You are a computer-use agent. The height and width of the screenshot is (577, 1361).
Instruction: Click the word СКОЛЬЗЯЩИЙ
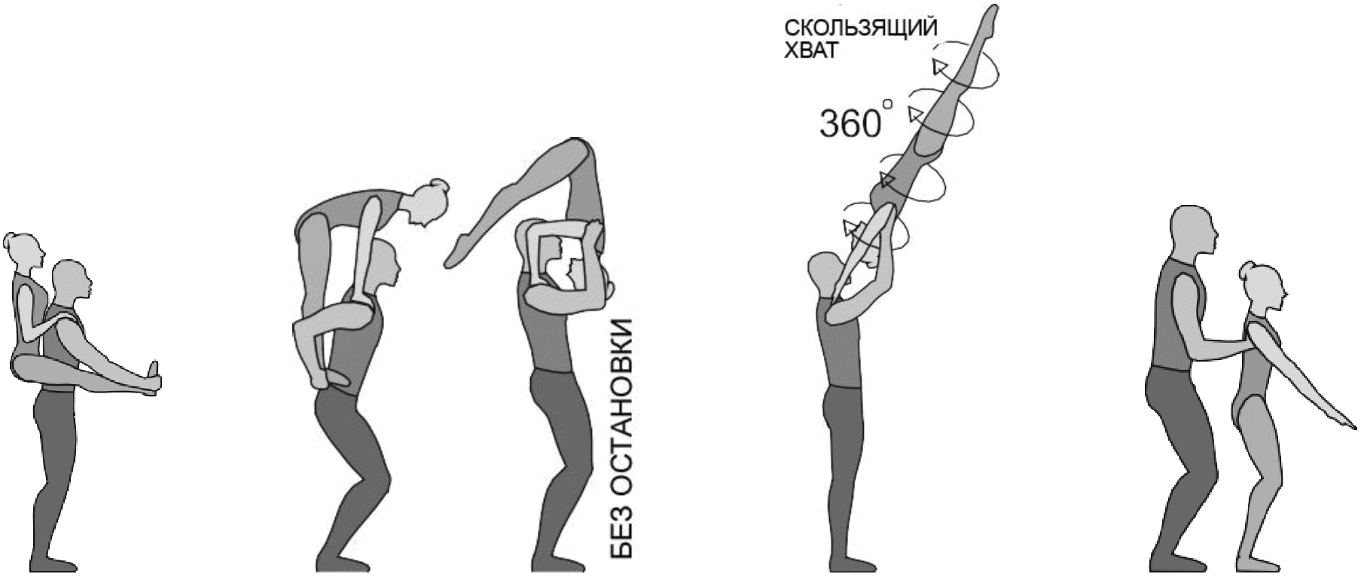(x=862, y=29)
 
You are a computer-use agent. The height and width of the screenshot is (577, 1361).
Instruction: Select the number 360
(x=849, y=124)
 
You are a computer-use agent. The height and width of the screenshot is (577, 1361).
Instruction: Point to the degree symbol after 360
(x=888, y=103)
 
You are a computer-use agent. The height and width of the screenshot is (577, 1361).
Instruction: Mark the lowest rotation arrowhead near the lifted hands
(x=852, y=227)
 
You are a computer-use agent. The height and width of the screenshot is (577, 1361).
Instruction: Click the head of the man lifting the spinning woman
(x=822, y=273)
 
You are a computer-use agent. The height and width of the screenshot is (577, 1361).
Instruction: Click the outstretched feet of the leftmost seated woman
(x=154, y=377)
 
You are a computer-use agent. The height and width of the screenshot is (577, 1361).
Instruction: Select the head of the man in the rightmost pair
(x=1192, y=232)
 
